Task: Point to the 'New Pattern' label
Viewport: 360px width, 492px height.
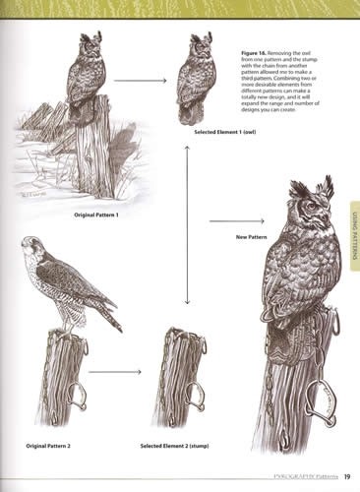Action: pos(251,237)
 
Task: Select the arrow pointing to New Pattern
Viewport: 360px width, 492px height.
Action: pos(223,222)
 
